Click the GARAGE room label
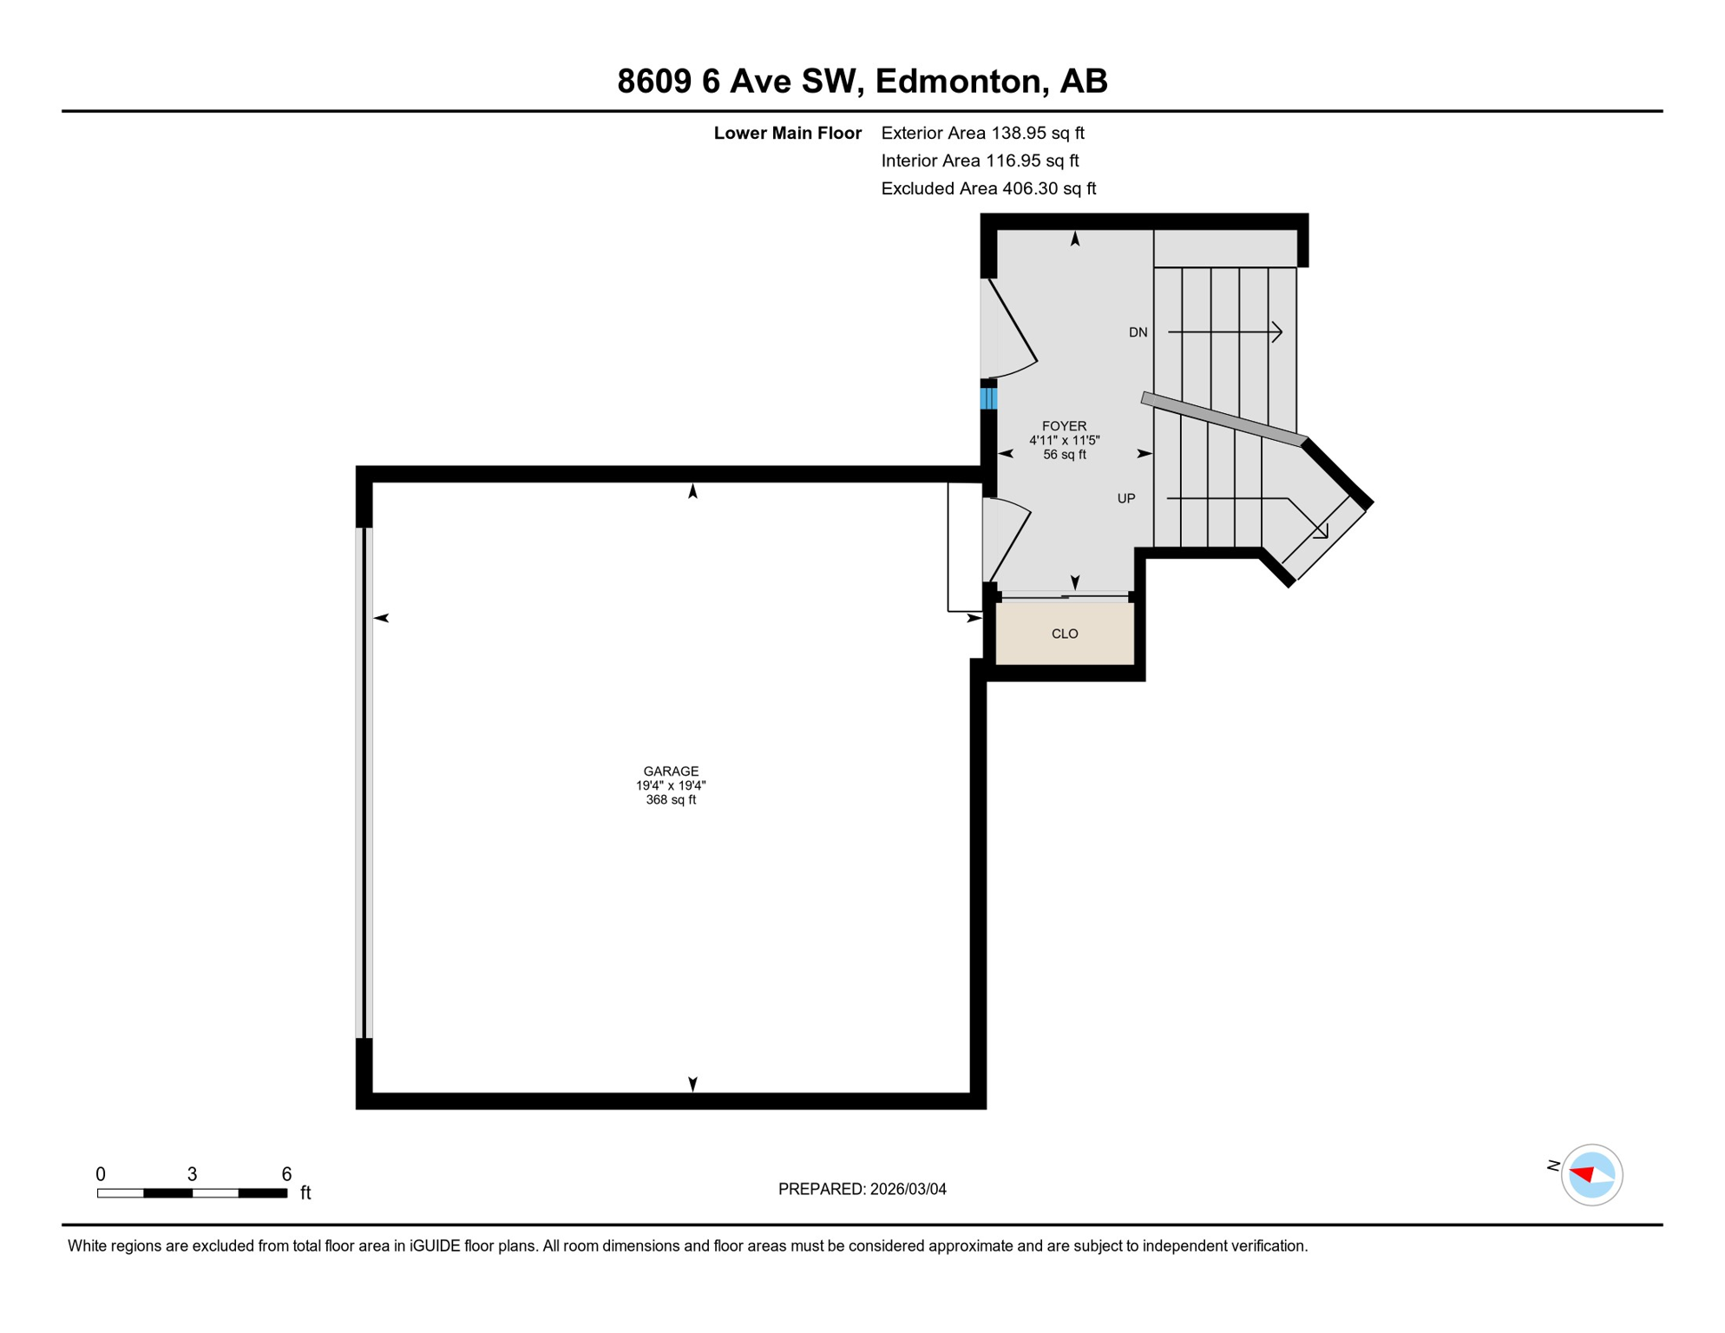[671, 771]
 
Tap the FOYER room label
[1064, 426]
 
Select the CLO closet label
[1065, 634]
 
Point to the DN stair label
[1138, 332]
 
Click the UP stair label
[1125, 498]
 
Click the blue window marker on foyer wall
[988, 398]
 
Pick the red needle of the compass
[1582, 1174]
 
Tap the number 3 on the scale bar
[192, 1174]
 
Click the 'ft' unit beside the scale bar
[305, 1193]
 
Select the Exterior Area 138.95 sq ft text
[982, 133]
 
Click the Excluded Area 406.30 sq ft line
[988, 188]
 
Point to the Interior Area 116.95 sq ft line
[980, 161]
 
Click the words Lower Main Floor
[787, 133]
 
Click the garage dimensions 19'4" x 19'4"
[671, 785]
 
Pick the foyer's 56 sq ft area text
[1064, 455]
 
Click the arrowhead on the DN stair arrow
[1277, 332]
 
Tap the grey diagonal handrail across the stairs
[1223, 419]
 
